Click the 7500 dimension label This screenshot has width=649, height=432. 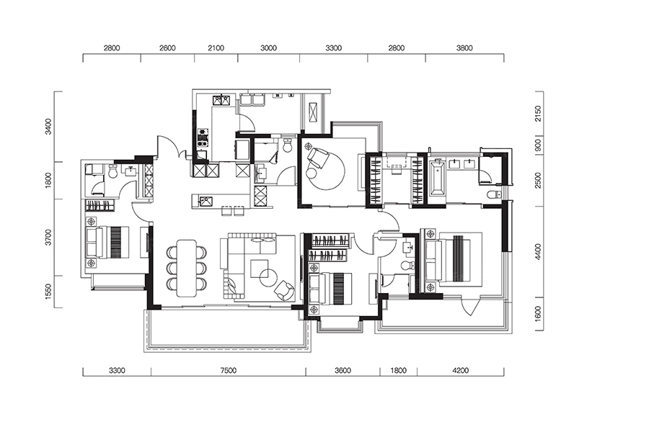tap(228, 370)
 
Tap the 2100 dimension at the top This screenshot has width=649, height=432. tap(216, 48)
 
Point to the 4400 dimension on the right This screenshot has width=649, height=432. tap(538, 252)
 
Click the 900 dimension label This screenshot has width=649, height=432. tap(538, 145)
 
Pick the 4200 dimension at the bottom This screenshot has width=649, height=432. tap(460, 370)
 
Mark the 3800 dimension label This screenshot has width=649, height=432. tap(464, 48)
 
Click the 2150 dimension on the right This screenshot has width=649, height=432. tap(538, 113)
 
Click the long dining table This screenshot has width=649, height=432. tap(187, 268)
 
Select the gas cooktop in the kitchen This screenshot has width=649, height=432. tap(203, 138)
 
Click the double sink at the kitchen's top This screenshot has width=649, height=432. tap(221, 100)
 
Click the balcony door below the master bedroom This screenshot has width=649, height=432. tap(471, 306)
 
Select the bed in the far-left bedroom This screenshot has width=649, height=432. tap(107, 242)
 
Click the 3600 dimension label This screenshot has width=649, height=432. tap(343, 370)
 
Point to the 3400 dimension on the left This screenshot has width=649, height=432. tap(48, 127)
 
